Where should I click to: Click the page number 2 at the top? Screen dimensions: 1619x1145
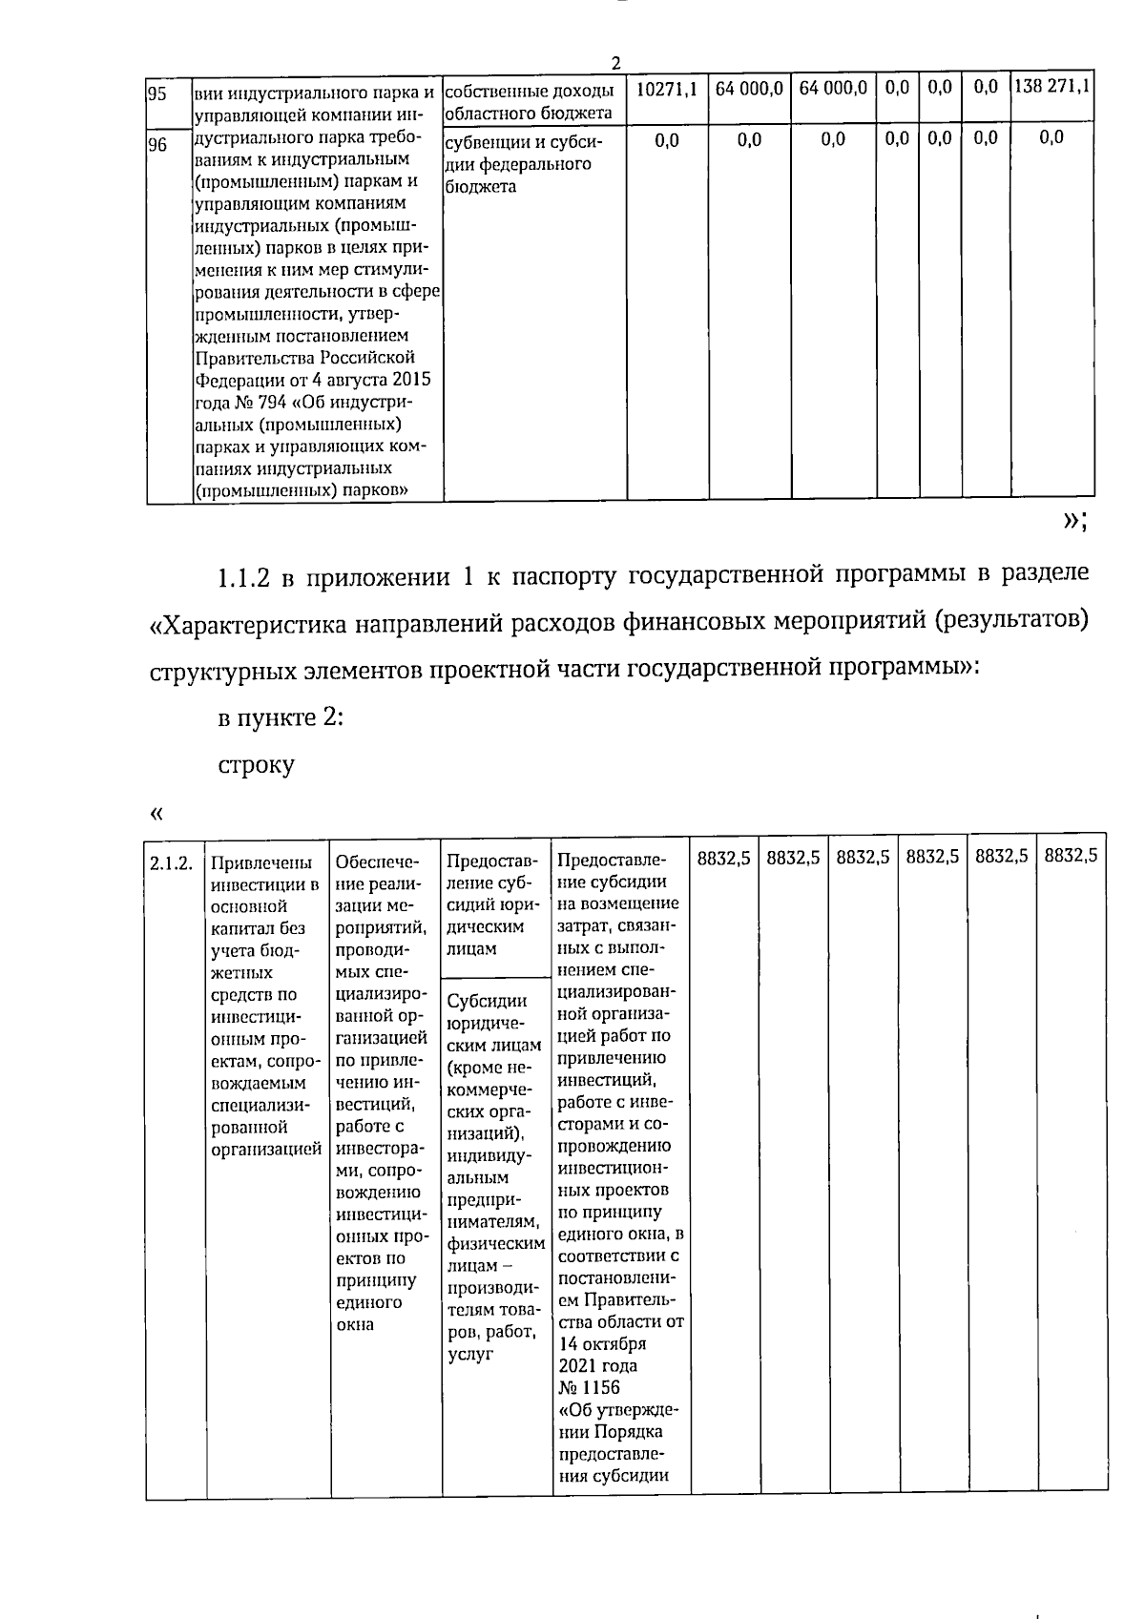615,63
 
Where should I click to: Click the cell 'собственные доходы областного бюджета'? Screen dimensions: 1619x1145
531,102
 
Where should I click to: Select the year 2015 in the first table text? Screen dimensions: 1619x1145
411,380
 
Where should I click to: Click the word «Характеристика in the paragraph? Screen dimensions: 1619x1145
251,624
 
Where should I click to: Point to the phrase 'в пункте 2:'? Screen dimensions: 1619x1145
281,717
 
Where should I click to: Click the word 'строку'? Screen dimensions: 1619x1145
256,765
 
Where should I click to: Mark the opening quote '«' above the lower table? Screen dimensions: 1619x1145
156,814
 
